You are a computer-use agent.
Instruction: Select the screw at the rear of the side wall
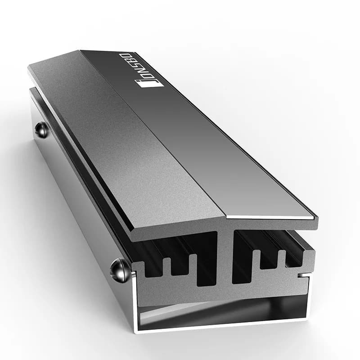(x=42, y=130)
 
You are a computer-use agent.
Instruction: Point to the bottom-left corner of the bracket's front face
(x=135, y=331)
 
